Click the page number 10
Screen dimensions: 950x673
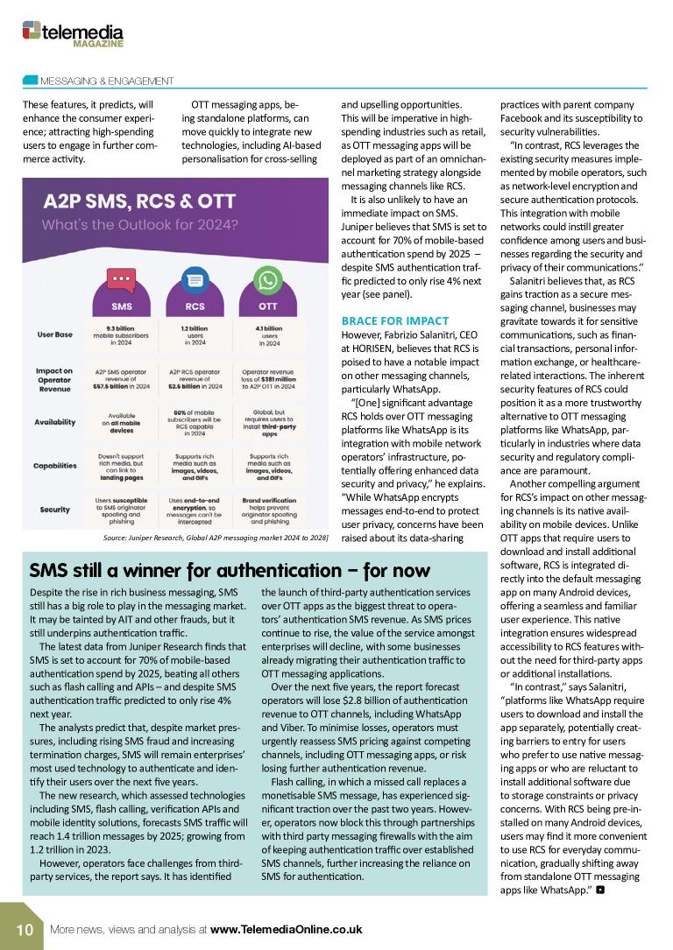pyautogui.click(x=23, y=929)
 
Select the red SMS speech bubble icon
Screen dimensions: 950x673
pyautogui.click(x=121, y=280)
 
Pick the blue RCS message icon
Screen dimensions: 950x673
pyautogui.click(x=195, y=280)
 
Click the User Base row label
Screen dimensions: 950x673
pyautogui.click(x=55, y=334)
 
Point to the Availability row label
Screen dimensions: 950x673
pyautogui.click(x=55, y=422)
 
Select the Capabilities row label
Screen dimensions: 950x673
pyautogui.click(x=55, y=466)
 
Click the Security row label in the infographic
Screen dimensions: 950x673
pyautogui.click(x=55, y=510)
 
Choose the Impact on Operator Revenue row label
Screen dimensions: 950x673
pyautogui.click(x=55, y=377)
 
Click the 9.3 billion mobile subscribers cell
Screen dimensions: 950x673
pyautogui.click(x=121, y=334)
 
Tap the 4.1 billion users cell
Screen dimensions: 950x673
pyautogui.click(x=267, y=334)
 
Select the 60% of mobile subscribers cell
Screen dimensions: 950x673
pyautogui.click(x=195, y=422)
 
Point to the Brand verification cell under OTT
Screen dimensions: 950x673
pyautogui.click(x=267, y=510)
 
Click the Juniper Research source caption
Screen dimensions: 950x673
pyautogui.click(x=216, y=537)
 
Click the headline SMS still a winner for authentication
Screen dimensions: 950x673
pyautogui.click(x=230, y=571)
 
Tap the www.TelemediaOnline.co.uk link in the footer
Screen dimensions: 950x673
pyautogui.click(x=286, y=929)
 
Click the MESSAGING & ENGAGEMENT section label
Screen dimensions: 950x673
pyautogui.click(x=107, y=81)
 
